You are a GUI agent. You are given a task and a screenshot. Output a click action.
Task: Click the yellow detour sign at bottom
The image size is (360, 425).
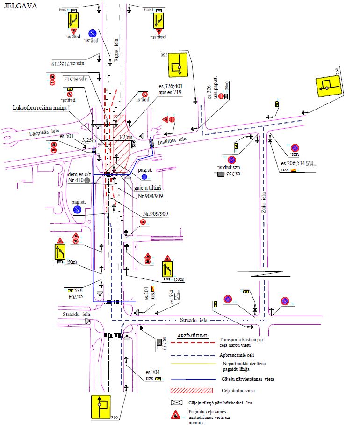101,406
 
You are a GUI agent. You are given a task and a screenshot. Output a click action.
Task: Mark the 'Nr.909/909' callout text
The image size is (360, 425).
156,213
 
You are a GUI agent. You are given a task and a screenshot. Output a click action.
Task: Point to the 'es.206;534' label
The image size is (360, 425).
292,163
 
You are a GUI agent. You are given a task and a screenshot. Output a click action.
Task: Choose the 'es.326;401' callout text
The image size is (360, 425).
170,87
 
